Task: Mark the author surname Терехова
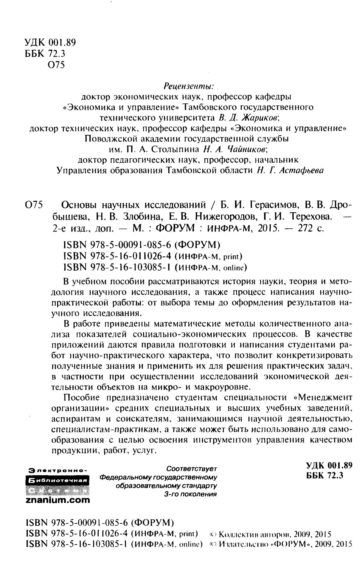tap(310, 216)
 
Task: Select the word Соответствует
tap(192, 468)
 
